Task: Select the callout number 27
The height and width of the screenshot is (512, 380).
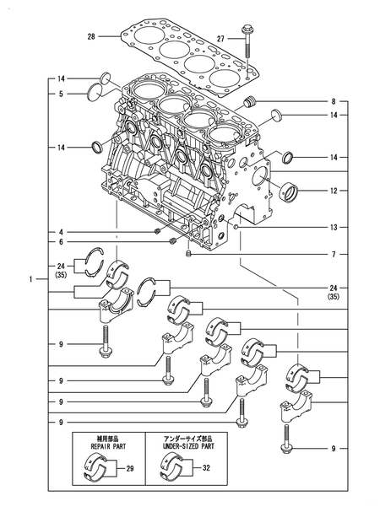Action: point(220,39)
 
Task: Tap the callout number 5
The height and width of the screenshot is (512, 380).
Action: point(62,94)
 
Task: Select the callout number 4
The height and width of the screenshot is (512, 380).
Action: point(62,232)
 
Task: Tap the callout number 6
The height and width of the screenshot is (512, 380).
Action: point(62,243)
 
